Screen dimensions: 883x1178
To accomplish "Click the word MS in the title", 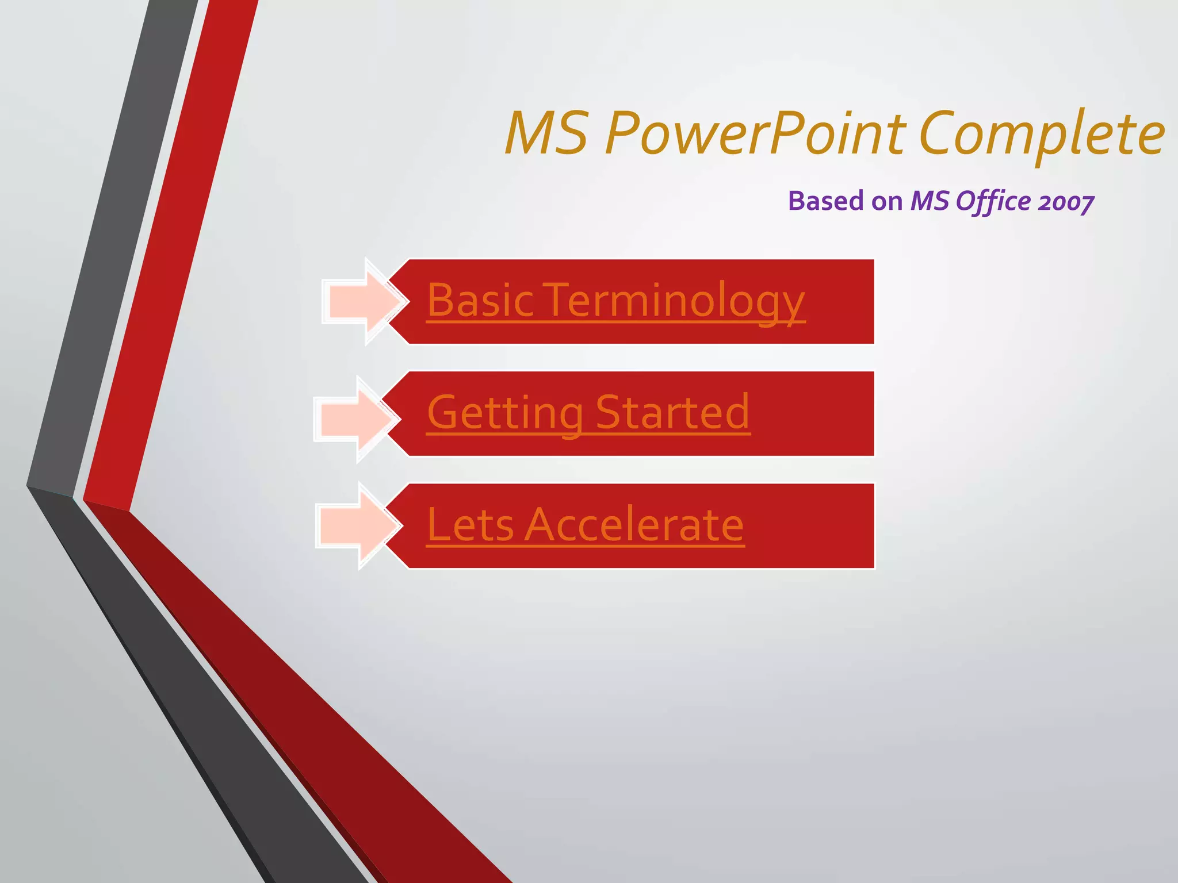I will click(x=546, y=133).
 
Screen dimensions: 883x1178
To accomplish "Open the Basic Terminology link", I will click(x=615, y=301).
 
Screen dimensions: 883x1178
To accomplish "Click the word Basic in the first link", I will click(x=480, y=301).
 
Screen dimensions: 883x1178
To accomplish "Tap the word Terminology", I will click(x=673, y=301).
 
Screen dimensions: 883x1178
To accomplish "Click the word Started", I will click(x=672, y=412).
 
